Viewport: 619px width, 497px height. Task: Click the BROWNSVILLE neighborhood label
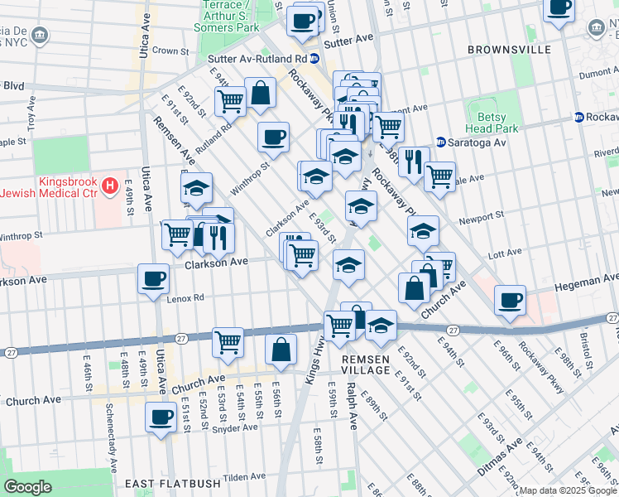click(509, 50)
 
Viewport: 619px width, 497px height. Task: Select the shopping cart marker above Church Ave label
click(228, 341)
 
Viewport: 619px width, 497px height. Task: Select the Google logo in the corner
click(28, 487)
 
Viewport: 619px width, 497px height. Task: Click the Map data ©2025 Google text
click(568, 490)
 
